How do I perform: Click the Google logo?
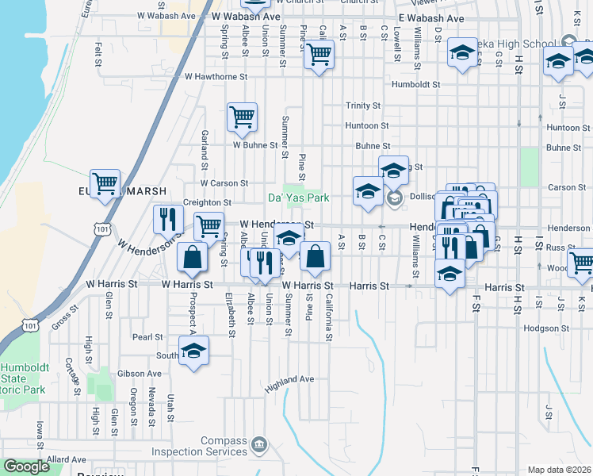26,466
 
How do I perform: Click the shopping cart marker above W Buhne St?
242,117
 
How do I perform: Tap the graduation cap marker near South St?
193,351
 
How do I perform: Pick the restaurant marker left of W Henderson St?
167,218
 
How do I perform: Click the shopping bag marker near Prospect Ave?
192,256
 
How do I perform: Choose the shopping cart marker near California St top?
319,55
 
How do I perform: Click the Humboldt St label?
415,84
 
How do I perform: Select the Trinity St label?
363,106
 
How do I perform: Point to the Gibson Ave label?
139,374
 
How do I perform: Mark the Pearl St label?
147,337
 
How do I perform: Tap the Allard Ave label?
67,459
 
